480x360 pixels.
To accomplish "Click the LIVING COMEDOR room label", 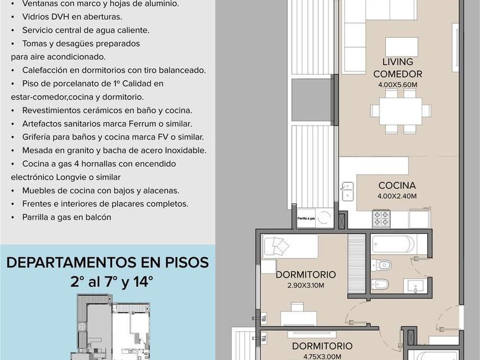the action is (398, 67).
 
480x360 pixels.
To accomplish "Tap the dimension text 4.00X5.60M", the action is (398, 85).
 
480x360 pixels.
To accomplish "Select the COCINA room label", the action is (397, 185).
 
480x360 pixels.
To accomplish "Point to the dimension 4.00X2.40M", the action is (397, 196).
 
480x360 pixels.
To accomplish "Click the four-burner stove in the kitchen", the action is (381, 218).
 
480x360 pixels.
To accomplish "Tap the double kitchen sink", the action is (348, 191).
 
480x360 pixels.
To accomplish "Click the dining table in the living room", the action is (401, 111).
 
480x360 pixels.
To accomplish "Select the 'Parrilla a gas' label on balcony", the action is (306, 218).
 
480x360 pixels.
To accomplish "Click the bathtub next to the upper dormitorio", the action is (393, 244).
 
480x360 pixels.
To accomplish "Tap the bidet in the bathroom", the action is (380, 285).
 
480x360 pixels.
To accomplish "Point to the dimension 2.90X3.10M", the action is (306, 285).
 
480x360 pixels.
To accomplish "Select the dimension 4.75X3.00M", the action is (322, 357).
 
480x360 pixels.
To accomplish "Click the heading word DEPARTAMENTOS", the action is (71, 263).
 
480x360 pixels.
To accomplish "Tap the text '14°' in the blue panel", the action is (143, 282).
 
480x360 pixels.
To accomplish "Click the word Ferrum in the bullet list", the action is (142, 123).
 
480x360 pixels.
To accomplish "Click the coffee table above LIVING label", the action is (402, 47).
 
